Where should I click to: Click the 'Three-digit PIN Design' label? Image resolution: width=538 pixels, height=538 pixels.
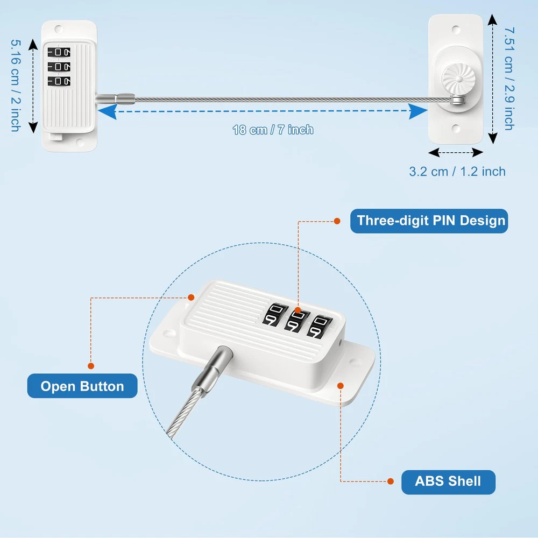pos(429,221)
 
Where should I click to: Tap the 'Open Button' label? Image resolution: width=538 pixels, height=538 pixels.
pos(82,386)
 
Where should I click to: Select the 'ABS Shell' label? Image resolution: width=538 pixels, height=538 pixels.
pos(448,480)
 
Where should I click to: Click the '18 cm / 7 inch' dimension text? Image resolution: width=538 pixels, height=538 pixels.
pos(273,130)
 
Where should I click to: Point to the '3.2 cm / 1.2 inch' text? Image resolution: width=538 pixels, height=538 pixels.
pos(457,172)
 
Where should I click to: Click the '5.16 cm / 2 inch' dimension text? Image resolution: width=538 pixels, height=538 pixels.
pos(15,84)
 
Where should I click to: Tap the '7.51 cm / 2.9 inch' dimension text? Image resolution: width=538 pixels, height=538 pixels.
pos(508,79)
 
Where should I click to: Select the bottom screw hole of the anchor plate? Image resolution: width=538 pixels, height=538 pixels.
pos(456,128)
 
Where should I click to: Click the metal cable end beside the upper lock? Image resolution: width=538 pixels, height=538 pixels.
pos(114,98)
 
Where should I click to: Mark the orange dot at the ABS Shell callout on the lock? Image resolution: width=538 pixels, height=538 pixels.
pos(340,385)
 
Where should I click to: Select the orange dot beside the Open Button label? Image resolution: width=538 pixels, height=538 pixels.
pos(91,366)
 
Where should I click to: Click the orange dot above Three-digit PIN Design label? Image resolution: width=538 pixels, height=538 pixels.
pos(337,221)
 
